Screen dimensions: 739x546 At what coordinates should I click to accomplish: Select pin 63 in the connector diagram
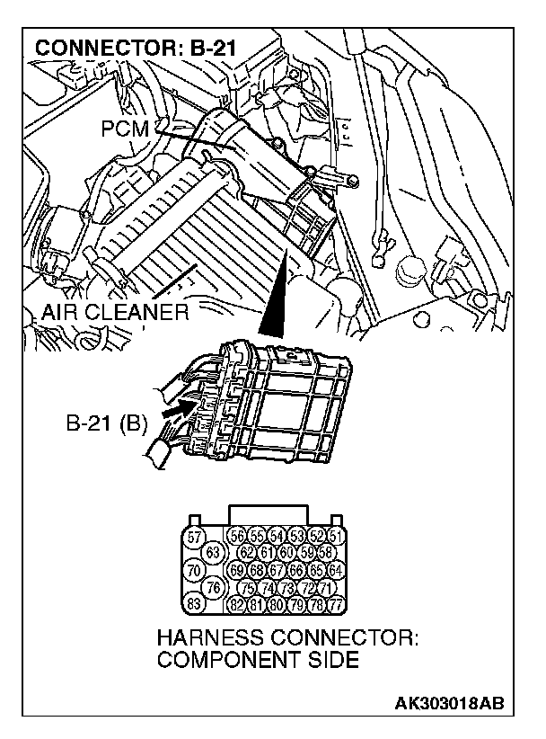point(214,551)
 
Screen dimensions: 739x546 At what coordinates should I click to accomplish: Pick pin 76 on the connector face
point(214,586)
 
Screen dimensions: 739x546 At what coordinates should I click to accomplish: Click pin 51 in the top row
point(336,537)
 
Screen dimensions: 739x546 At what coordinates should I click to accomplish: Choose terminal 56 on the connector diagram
point(238,537)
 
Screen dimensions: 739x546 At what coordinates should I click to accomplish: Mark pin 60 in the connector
point(288,552)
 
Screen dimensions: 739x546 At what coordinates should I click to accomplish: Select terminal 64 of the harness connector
point(336,569)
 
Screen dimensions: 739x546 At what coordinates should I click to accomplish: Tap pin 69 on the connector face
point(238,569)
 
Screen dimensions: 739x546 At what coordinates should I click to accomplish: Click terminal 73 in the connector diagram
point(288,586)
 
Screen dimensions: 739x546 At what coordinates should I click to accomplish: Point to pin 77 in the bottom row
point(336,602)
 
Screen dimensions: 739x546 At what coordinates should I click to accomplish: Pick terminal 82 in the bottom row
point(238,602)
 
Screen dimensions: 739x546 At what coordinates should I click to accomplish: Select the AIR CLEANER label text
point(114,313)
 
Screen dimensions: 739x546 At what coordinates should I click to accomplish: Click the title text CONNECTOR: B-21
point(135,46)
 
